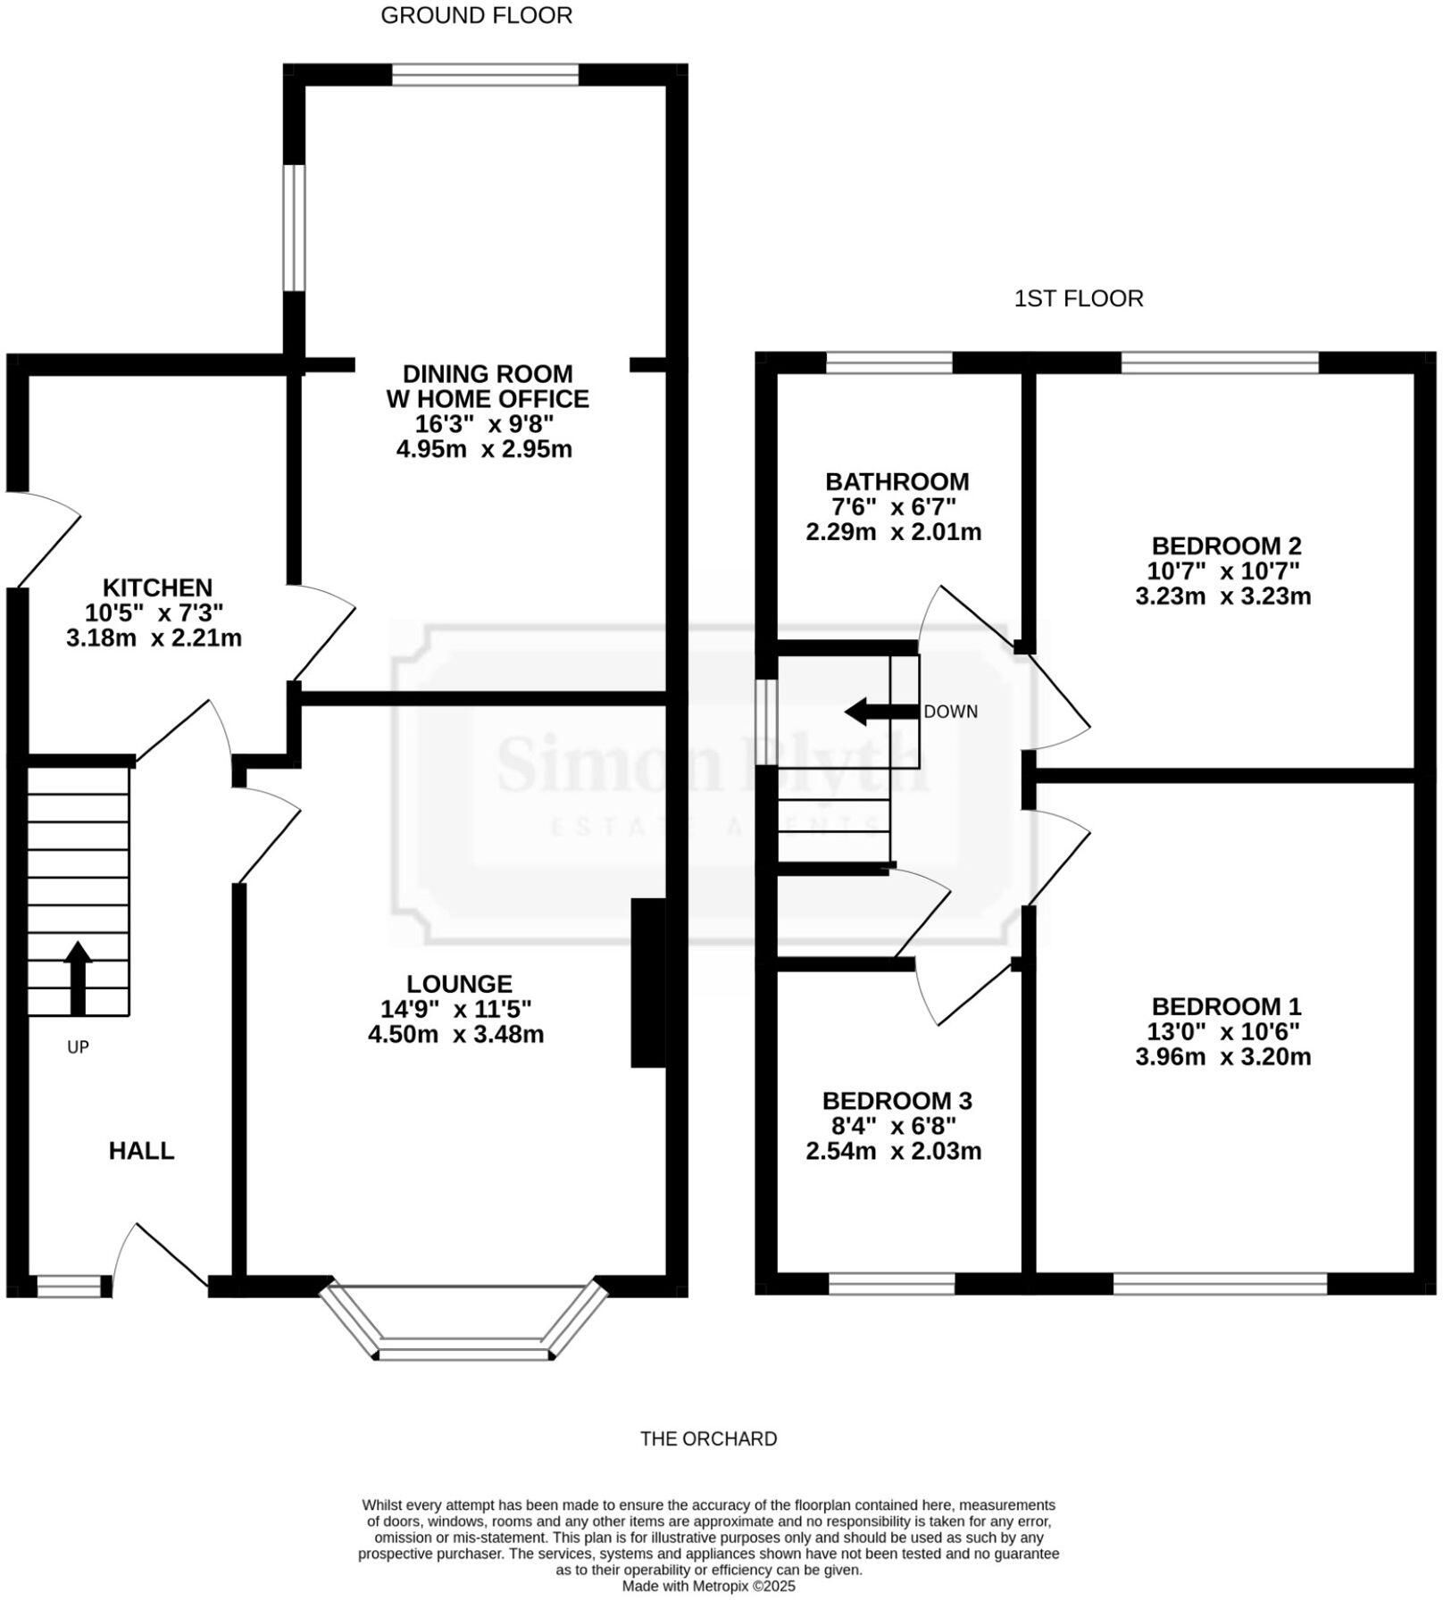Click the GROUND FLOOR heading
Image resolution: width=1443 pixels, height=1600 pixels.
coord(476,16)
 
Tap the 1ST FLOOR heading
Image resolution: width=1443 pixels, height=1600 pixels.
coord(1078,298)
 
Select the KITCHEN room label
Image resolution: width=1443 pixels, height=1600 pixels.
coord(158,587)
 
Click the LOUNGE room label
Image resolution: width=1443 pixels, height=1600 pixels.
coord(459,984)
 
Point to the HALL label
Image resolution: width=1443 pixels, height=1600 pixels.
coord(141,1151)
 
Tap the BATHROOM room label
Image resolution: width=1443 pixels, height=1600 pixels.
coord(897,482)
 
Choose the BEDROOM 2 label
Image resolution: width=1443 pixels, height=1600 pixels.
coord(1226,546)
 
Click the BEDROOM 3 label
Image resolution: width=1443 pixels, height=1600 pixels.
coord(897,1101)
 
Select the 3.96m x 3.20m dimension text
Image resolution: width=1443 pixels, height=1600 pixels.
coord(1222,1057)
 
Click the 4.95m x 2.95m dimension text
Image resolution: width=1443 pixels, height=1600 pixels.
coord(484,448)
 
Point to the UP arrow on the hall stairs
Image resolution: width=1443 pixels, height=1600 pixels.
coord(78,977)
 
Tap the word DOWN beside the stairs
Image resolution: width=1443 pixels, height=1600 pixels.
coord(950,712)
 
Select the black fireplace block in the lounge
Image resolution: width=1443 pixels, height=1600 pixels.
coord(648,982)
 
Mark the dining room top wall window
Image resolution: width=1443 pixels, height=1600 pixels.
coord(485,75)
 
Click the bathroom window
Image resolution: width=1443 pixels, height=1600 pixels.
coord(889,362)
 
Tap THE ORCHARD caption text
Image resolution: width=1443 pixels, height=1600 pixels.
coord(708,1438)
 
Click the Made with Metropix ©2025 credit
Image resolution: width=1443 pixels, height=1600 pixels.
coord(708,1587)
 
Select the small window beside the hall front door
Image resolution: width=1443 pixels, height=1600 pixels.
coord(68,1286)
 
